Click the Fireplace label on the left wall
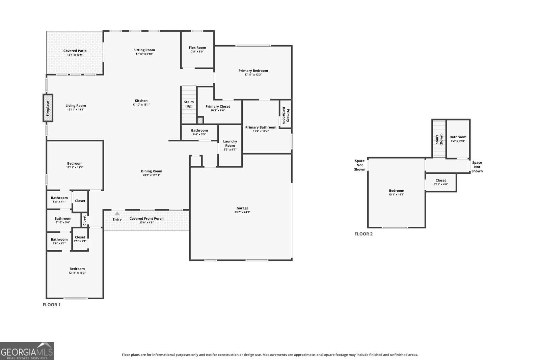tap(48, 108)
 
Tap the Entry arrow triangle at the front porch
tap(117, 214)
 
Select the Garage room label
tap(242, 208)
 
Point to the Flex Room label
tap(197, 48)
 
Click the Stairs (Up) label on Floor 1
tap(189, 104)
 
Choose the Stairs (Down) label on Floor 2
tap(439, 139)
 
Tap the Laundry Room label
tap(230, 143)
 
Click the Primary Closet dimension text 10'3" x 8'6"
tap(218, 110)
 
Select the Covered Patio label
tap(75, 51)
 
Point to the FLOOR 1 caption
tap(52, 305)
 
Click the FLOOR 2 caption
tap(363, 234)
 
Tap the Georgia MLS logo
tap(27, 351)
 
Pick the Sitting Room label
tap(144, 50)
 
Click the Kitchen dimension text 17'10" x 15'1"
tap(141, 105)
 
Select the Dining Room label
tap(152, 171)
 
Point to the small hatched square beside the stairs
tap(200, 120)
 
